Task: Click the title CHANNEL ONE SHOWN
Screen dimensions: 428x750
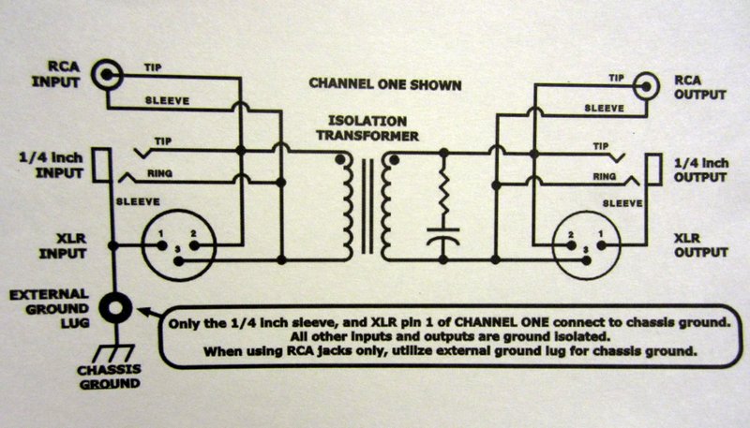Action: point(385,85)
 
